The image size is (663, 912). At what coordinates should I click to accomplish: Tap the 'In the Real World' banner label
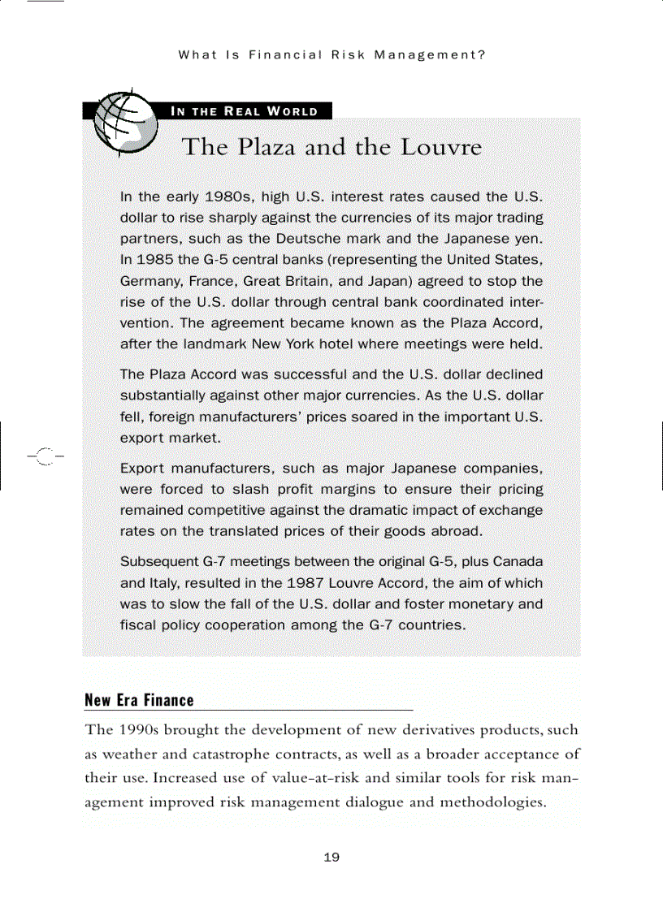click(243, 111)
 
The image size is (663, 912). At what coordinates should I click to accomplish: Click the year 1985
click(154, 261)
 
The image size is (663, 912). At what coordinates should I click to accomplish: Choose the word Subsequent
click(158, 562)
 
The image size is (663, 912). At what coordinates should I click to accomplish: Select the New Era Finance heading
click(139, 700)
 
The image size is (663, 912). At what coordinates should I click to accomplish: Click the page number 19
click(331, 858)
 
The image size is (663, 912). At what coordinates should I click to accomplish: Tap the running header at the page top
click(331, 56)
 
